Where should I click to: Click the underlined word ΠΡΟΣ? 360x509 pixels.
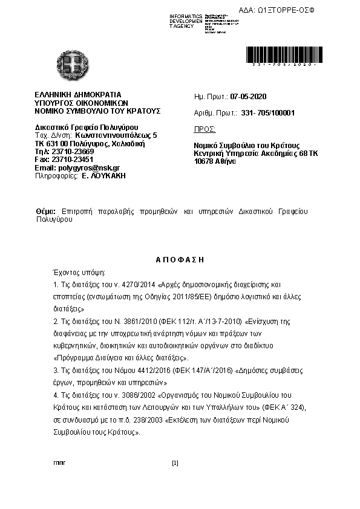(x=205, y=129)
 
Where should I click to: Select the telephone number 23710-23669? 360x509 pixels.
(x=69, y=152)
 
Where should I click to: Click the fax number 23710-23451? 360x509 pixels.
(x=71, y=160)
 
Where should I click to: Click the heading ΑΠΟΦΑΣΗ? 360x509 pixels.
(x=180, y=259)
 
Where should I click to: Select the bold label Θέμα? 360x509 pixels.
(x=46, y=212)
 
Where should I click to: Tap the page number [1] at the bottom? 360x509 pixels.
(x=175, y=463)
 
